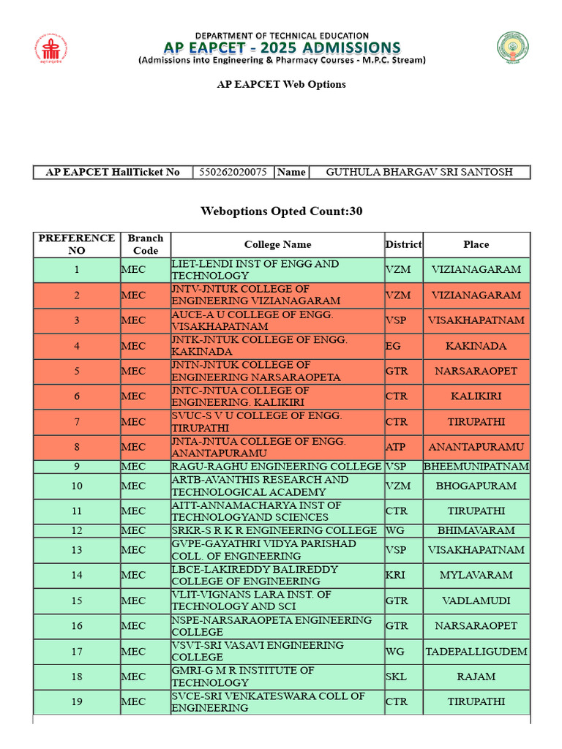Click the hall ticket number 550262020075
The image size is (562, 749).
click(x=233, y=173)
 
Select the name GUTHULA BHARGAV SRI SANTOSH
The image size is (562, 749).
click(x=419, y=173)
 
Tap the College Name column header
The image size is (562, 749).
click(x=277, y=244)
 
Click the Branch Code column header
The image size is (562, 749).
click(x=145, y=244)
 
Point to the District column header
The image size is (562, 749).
click(x=403, y=244)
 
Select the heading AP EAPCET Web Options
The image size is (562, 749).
click(x=281, y=84)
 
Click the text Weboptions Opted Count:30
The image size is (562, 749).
click(x=281, y=211)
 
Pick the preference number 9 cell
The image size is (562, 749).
click(x=76, y=467)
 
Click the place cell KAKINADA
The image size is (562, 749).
click(x=476, y=346)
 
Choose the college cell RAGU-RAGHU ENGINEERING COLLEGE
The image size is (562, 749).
click(x=276, y=467)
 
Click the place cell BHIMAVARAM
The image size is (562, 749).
click(x=476, y=530)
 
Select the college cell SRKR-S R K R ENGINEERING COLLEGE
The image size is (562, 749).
click(x=274, y=530)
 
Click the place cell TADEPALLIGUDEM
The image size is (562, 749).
click(x=476, y=652)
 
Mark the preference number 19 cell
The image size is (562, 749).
click(x=76, y=702)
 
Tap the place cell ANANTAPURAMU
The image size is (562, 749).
click(x=476, y=447)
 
